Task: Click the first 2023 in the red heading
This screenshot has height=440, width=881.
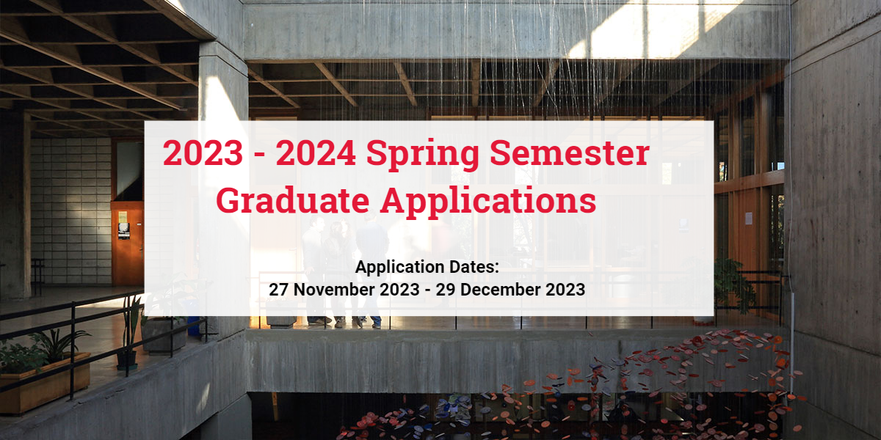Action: (x=203, y=153)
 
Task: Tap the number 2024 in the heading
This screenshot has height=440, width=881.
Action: (x=316, y=153)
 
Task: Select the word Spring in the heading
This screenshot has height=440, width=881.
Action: (x=422, y=155)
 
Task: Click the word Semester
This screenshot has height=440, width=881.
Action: (x=570, y=153)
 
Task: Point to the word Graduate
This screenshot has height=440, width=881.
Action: (x=293, y=200)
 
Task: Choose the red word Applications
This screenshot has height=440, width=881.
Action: (x=488, y=202)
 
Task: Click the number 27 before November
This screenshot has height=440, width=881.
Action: (x=278, y=290)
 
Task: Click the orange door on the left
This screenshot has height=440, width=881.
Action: (x=128, y=243)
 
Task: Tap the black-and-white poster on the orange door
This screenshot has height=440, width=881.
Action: (x=124, y=231)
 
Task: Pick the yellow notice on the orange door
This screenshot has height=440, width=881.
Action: (x=123, y=217)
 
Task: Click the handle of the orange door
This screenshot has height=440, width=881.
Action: (x=141, y=250)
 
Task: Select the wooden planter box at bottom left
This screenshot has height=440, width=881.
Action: (x=45, y=385)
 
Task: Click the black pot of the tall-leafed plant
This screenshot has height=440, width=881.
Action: (x=126, y=360)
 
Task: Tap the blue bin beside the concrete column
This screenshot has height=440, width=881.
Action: (x=193, y=326)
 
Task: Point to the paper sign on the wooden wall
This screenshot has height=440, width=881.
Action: (x=748, y=219)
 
